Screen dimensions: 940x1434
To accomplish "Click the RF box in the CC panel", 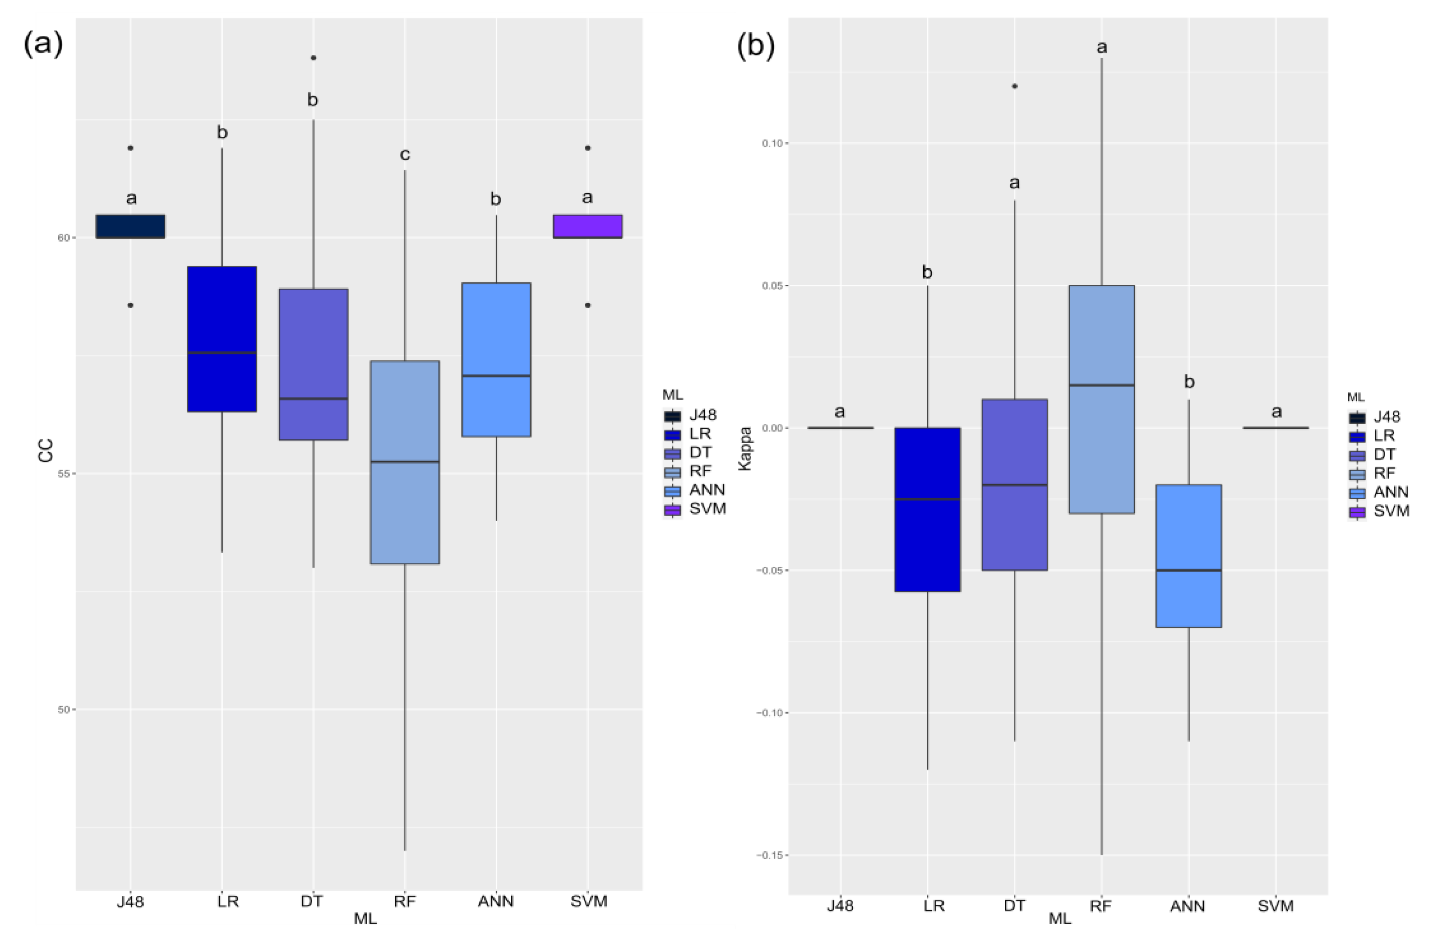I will click(405, 462).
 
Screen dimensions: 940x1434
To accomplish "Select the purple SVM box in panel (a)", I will click(588, 226).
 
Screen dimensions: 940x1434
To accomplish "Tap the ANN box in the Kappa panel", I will click(1188, 556).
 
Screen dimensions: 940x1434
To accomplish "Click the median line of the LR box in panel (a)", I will click(222, 352).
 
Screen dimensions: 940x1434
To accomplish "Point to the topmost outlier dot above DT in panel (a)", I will click(313, 58).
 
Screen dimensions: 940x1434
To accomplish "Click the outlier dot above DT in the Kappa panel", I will click(1015, 86).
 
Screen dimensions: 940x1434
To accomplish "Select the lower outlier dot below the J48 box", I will click(130, 305).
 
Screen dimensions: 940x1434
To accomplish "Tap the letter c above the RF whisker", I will click(405, 155).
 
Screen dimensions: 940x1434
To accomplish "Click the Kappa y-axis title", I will click(745, 449).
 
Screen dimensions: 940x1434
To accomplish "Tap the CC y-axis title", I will click(45, 451).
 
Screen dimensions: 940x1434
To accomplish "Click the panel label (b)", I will click(755, 46).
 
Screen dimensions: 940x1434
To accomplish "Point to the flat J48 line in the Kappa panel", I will click(840, 428).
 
